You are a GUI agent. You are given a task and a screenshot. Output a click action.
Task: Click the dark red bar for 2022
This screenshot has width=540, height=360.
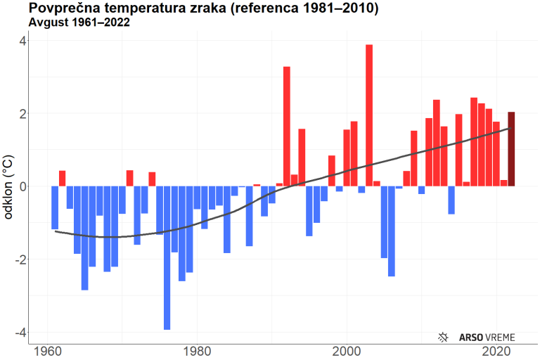click(x=511, y=149)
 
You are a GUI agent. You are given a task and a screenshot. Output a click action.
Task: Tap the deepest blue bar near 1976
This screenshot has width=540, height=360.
click(x=167, y=257)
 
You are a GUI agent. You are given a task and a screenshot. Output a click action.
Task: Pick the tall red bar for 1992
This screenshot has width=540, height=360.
click(x=287, y=126)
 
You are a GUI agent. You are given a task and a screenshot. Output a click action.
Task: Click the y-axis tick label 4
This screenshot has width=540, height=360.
click(x=22, y=41)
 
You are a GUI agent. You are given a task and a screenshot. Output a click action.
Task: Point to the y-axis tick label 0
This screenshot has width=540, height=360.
click(x=22, y=186)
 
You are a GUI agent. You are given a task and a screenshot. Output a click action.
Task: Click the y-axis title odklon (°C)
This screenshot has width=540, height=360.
click(x=9, y=186)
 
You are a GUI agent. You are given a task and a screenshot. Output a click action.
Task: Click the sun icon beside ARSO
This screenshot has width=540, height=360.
click(x=444, y=337)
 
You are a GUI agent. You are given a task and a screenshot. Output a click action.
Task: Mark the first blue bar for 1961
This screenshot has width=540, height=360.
click(x=55, y=207)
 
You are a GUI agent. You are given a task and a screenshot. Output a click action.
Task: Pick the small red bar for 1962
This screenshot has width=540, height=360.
click(x=62, y=179)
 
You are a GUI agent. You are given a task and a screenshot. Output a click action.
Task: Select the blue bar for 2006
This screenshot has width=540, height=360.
click(x=392, y=231)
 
